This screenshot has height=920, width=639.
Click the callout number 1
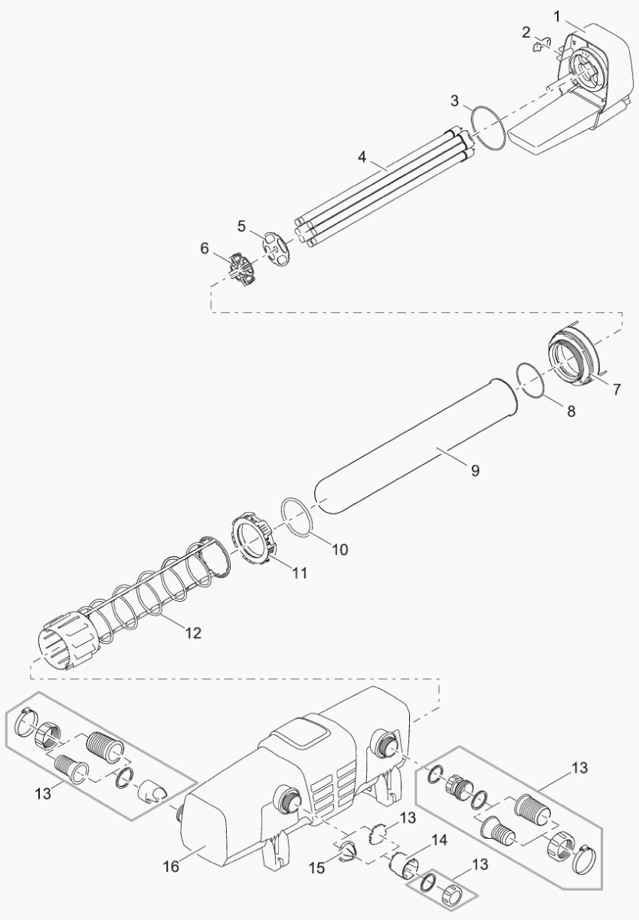pyautogui.click(x=557, y=17)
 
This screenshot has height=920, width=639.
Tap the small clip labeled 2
pyautogui.click(x=542, y=44)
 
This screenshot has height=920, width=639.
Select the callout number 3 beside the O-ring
pyautogui.click(x=454, y=101)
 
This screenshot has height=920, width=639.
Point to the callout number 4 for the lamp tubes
pyautogui.click(x=362, y=157)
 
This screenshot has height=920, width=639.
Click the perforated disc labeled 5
pyautogui.click(x=275, y=248)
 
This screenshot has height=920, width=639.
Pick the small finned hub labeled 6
pyautogui.click(x=241, y=270)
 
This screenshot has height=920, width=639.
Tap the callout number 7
pyautogui.click(x=617, y=389)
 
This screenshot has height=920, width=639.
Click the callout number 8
pyautogui.click(x=572, y=411)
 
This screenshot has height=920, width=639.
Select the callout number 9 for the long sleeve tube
pyautogui.click(x=475, y=470)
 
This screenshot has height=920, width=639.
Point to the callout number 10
pyautogui.click(x=339, y=550)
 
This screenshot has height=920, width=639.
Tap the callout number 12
pyautogui.click(x=193, y=633)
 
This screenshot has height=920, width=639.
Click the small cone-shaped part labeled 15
pyautogui.click(x=346, y=852)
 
